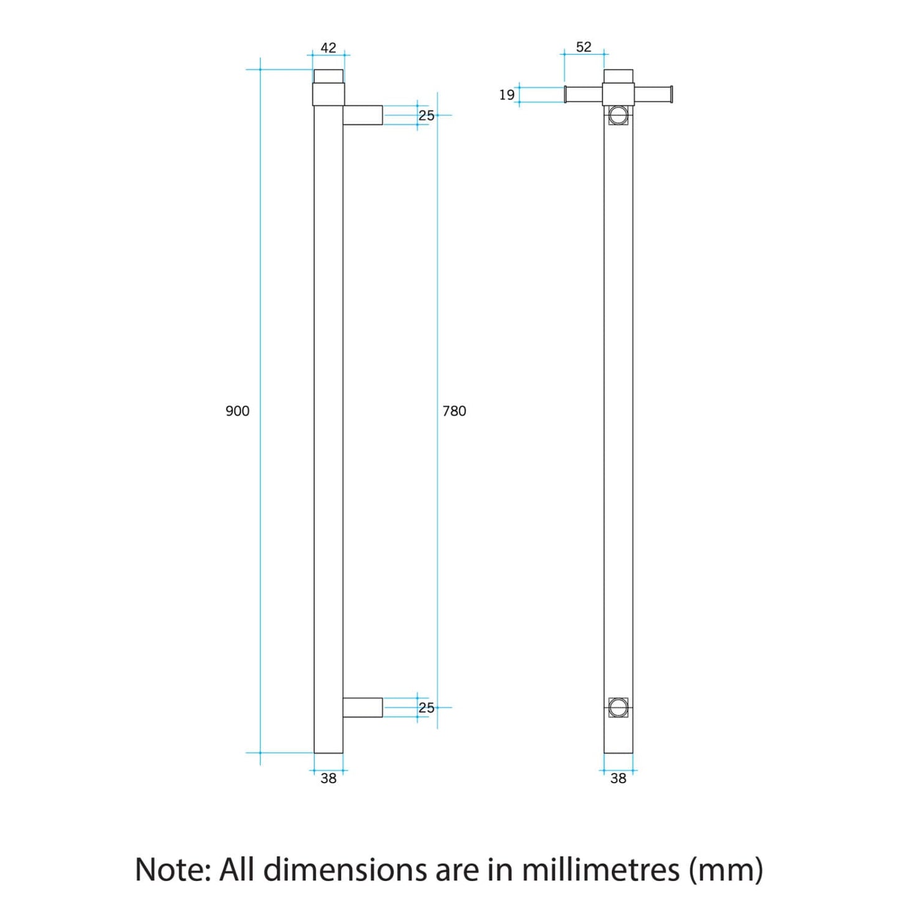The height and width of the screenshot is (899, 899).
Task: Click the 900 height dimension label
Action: point(237,411)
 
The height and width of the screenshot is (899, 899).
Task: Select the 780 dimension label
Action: point(454,411)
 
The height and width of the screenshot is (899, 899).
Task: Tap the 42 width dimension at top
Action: point(328,48)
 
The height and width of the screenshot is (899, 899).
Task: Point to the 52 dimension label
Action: point(584,47)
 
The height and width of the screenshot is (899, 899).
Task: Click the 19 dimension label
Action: point(506,95)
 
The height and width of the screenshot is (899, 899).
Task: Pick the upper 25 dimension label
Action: point(426,115)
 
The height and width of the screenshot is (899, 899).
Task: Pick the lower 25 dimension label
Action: point(426,707)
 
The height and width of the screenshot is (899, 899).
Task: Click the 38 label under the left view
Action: point(328,778)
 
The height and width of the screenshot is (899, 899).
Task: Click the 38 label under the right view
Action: point(618,778)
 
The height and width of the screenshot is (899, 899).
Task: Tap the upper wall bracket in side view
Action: point(363,115)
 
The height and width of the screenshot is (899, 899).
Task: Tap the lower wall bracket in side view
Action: point(363,707)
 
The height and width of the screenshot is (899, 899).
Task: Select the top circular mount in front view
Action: point(618,115)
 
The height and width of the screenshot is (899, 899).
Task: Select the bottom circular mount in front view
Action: point(618,707)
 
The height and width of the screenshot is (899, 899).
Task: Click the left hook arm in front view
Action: point(584,95)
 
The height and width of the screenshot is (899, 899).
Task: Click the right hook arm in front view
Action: point(653,95)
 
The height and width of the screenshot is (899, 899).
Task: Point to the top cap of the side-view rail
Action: point(328,77)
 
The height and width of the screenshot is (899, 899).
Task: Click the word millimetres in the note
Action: point(600,869)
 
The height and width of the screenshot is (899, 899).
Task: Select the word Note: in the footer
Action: point(172,869)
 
